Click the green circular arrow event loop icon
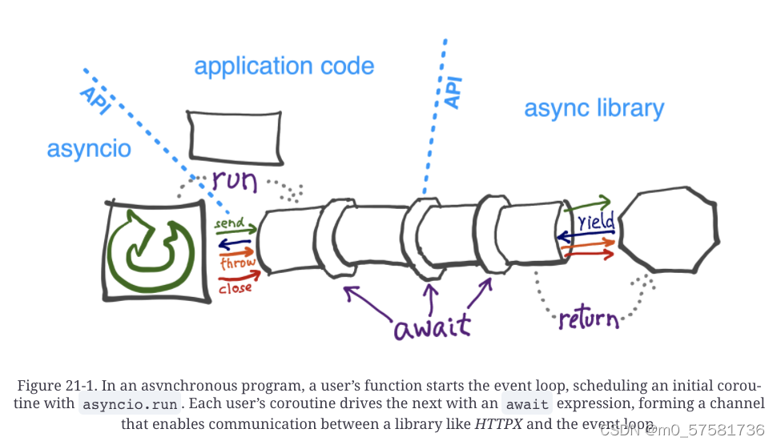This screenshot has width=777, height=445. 155,251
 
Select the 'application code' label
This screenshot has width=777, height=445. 284,66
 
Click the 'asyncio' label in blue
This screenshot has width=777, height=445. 89,149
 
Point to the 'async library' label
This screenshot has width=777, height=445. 594,108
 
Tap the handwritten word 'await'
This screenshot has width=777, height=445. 432,327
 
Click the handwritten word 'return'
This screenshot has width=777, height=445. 589,319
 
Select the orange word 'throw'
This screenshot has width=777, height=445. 238,263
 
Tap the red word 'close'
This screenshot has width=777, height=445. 235,287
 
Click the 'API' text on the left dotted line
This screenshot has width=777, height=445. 95,102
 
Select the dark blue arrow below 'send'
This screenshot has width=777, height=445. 236,243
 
